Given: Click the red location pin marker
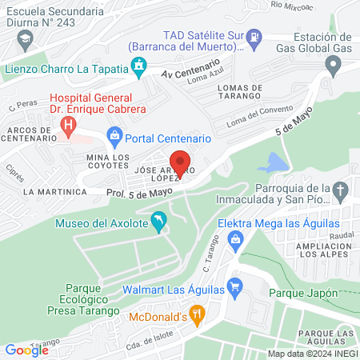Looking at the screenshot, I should click(x=181, y=165).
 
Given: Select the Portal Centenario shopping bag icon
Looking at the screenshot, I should click(x=114, y=138).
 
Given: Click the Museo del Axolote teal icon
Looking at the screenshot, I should click(x=158, y=222).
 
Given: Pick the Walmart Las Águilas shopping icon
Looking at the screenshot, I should click(x=234, y=286).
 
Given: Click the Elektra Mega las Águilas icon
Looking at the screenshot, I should click(x=235, y=238).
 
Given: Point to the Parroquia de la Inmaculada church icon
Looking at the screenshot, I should click(x=342, y=191).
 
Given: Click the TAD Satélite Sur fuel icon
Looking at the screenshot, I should click(x=253, y=36).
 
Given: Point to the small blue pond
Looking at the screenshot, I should click(x=272, y=164).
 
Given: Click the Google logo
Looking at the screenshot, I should click(x=27, y=350).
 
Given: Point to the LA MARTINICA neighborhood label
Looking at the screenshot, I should click(x=54, y=192).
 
